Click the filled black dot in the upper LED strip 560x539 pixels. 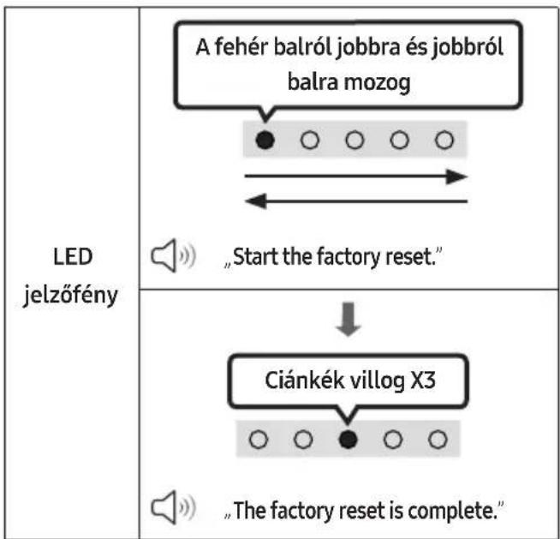point(265,140)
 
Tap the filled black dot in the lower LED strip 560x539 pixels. point(348,439)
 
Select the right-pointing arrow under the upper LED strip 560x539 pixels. point(355,177)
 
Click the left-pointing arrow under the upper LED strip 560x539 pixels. point(356,201)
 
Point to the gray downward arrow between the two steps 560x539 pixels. point(349,319)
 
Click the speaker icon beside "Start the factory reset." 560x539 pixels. point(173,255)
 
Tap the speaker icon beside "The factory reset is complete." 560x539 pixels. point(173,507)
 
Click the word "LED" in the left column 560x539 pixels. point(73,256)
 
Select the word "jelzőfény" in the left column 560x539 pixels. point(70,296)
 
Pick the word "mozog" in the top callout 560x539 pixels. point(377,83)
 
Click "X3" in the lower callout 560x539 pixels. point(423,380)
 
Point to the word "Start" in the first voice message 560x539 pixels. point(255,256)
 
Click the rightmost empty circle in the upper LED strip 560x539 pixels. point(444,140)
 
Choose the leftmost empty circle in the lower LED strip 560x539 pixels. point(259,439)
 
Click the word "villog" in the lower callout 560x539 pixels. point(377,381)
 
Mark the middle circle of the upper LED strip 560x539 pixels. point(354,140)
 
